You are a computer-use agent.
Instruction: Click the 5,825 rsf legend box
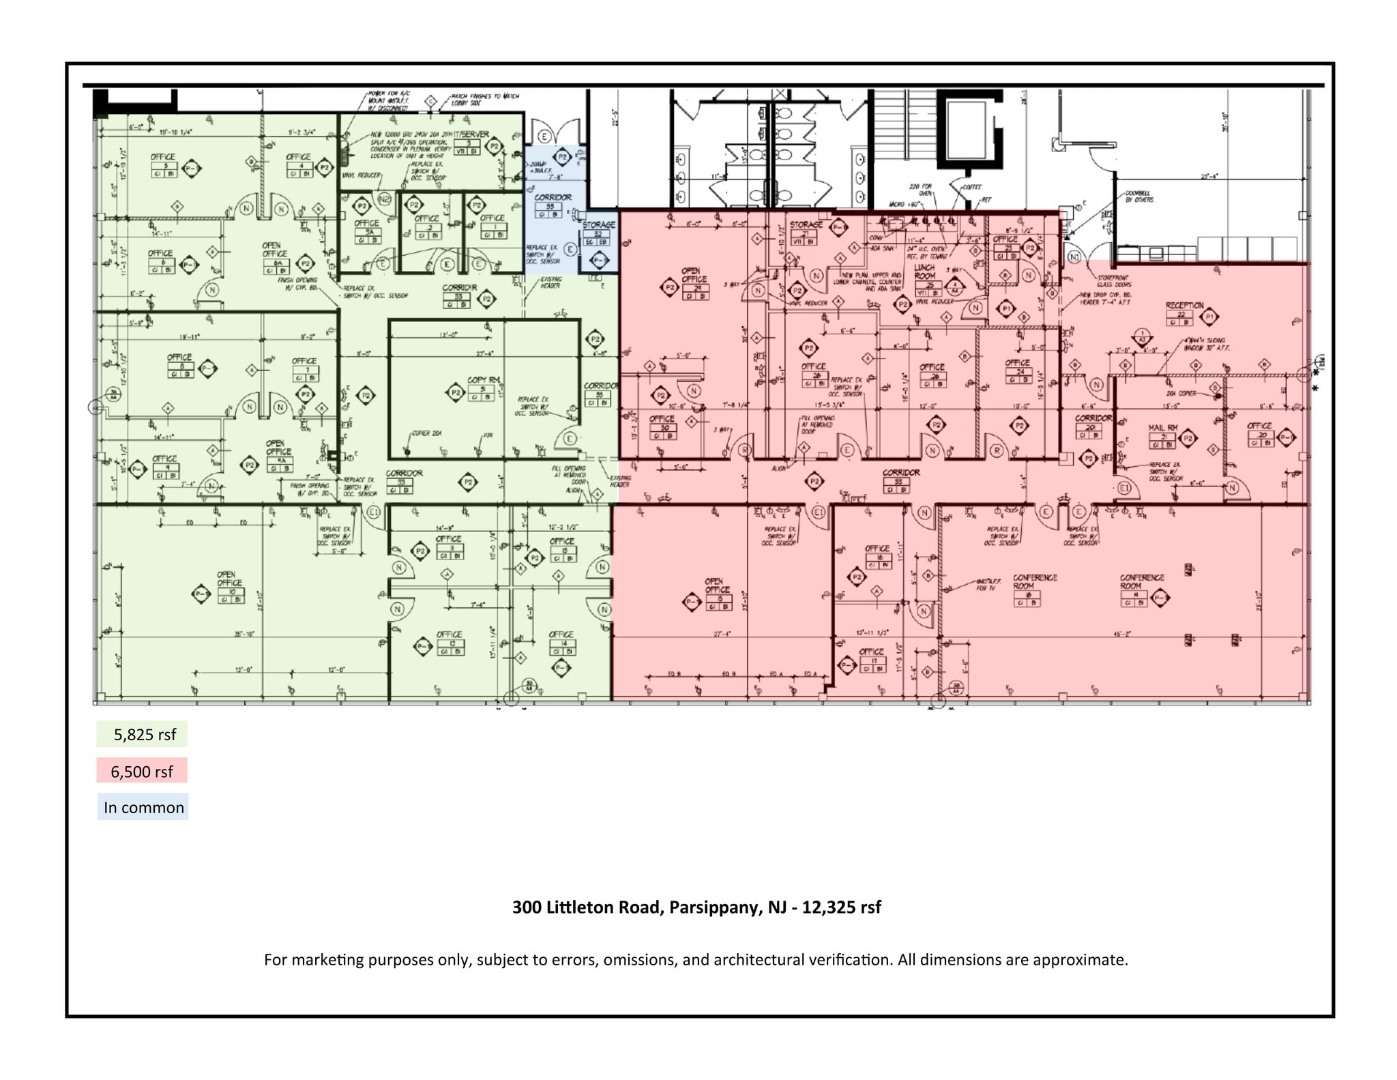(x=142, y=735)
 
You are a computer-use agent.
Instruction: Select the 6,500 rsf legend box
(x=142, y=772)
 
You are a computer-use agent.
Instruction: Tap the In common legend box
(x=143, y=807)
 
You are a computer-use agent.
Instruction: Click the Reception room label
(x=1185, y=306)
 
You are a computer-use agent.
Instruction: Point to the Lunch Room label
(x=924, y=272)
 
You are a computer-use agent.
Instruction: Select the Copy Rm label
(x=483, y=380)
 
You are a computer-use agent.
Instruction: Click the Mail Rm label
(x=1162, y=428)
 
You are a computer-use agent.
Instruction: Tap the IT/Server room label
(x=471, y=134)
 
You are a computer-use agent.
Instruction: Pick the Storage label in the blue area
(x=599, y=224)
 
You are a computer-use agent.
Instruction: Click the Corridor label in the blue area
(x=553, y=198)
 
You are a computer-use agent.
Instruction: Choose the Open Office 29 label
(x=694, y=275)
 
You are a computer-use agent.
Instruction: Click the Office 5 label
(x=163, y=157)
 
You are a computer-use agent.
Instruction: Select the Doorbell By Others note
(x=1139, y=196)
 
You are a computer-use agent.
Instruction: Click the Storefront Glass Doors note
(x=1114, y=281)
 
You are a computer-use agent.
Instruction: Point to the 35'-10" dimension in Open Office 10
(x=244, y=634)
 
